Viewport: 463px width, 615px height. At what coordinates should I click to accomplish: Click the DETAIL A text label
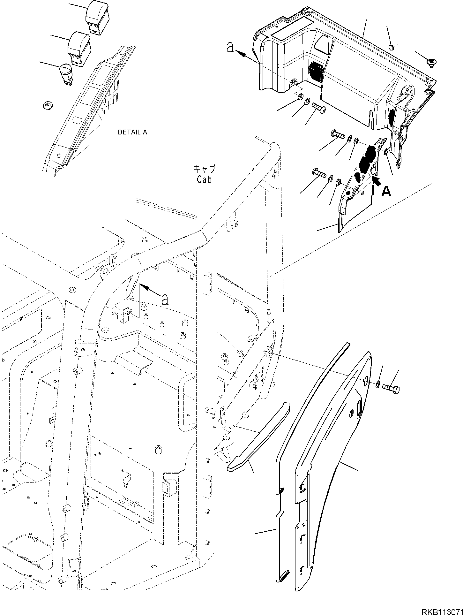pos(132,132)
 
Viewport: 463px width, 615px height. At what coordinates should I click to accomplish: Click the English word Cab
pos(204,179)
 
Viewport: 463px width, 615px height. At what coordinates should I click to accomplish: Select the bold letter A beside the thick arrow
pos(386,192)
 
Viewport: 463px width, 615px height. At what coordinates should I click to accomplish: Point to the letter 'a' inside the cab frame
pos(164,299)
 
